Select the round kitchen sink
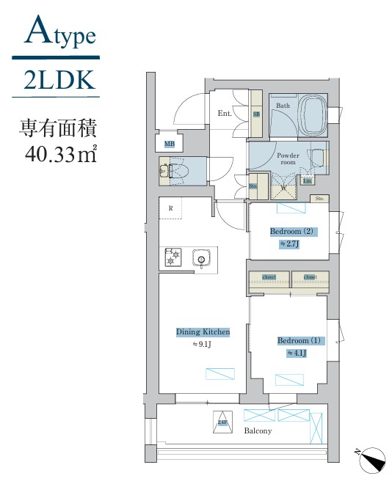pos(200,258)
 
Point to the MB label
pos(170,144)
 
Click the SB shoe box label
pos(257,114)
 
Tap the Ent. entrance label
pos(225,113)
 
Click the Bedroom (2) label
pos(292,232)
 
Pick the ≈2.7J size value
pos(292,245)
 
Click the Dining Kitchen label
pos(203,332)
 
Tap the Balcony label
pos(258,431)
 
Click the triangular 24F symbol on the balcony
pos(222,422)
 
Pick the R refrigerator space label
pos(171,208)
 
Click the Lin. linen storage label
pos(308,180)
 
